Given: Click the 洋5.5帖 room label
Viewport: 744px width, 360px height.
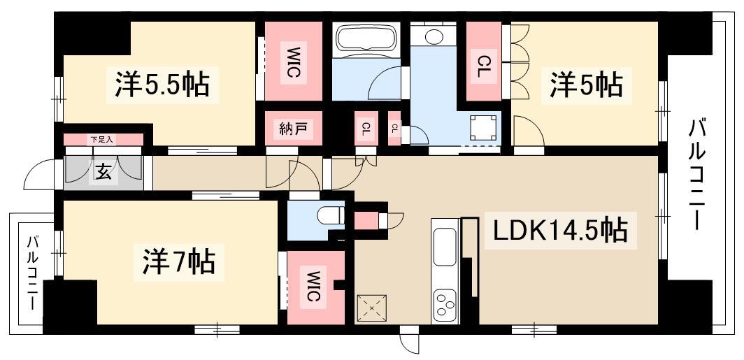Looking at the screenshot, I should coord(161,84).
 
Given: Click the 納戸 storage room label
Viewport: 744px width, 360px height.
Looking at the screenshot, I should coord(291,129).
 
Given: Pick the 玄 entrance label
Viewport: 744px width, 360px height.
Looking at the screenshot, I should coord(103,173).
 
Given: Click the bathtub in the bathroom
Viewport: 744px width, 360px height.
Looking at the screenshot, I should coord(366,39).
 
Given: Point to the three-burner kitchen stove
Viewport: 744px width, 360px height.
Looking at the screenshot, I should coord(445,305).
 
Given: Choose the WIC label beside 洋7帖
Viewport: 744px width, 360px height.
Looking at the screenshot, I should coord(312,286).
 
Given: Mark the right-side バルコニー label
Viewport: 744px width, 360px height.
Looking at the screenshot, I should coord(697,175).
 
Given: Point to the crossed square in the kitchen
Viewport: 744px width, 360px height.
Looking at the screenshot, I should coord(371,305).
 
